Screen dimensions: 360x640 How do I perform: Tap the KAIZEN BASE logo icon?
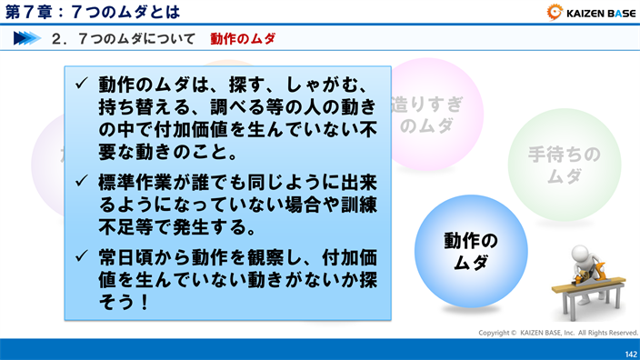pos(555,12)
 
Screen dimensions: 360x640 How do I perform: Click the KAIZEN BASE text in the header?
pos(599,12)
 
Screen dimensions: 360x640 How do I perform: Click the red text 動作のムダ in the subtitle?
pos(243,39)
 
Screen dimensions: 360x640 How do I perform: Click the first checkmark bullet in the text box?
pos(81,85)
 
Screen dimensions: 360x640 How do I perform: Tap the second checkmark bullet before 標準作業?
pos(81,182)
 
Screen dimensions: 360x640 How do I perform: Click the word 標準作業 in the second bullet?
pos(133,182)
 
